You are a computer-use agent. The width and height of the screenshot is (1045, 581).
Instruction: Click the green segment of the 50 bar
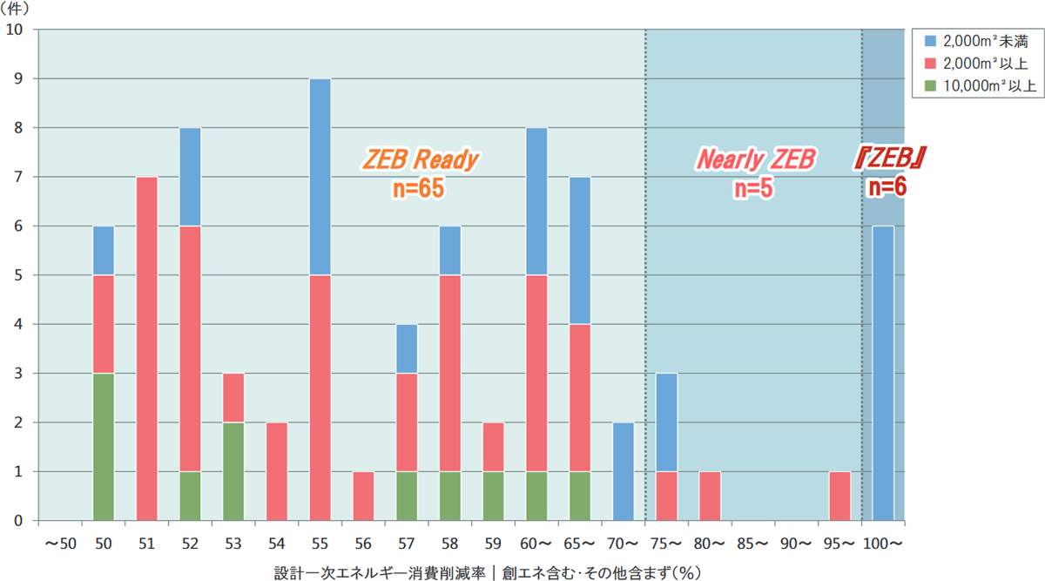click(x=103, y=447)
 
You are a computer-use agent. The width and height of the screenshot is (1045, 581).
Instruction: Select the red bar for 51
click(x=146, y=348)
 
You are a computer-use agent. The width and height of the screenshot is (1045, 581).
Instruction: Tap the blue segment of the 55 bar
click(x=320, y=177)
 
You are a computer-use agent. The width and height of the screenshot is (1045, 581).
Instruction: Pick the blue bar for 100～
click(x=883, y=373)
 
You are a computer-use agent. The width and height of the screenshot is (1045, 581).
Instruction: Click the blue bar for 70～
click(x=624, y=471)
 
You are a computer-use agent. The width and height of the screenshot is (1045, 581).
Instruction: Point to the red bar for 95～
click(x=839, y=496)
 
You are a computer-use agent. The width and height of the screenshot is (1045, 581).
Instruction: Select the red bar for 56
click(x=364, y=496)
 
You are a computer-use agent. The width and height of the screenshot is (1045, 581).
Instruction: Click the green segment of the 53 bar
click(x=233, y=471)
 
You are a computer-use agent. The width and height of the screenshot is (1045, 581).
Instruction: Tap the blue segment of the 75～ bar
click(x=667, y=422)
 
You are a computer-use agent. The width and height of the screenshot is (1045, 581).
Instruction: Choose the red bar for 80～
click(x=711, y=496)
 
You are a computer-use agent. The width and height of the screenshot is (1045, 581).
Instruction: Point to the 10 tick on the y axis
click(x=16, y=30)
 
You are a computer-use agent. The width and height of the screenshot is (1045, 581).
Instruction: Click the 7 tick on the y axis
click(x=19, y=177)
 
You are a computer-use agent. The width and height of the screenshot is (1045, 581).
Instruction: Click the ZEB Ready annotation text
click(x=421, y=160)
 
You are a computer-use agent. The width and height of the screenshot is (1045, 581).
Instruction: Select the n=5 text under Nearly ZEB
click(x=754, y=188)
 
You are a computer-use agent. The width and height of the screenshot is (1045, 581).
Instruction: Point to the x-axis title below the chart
click(x=487, y=571)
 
